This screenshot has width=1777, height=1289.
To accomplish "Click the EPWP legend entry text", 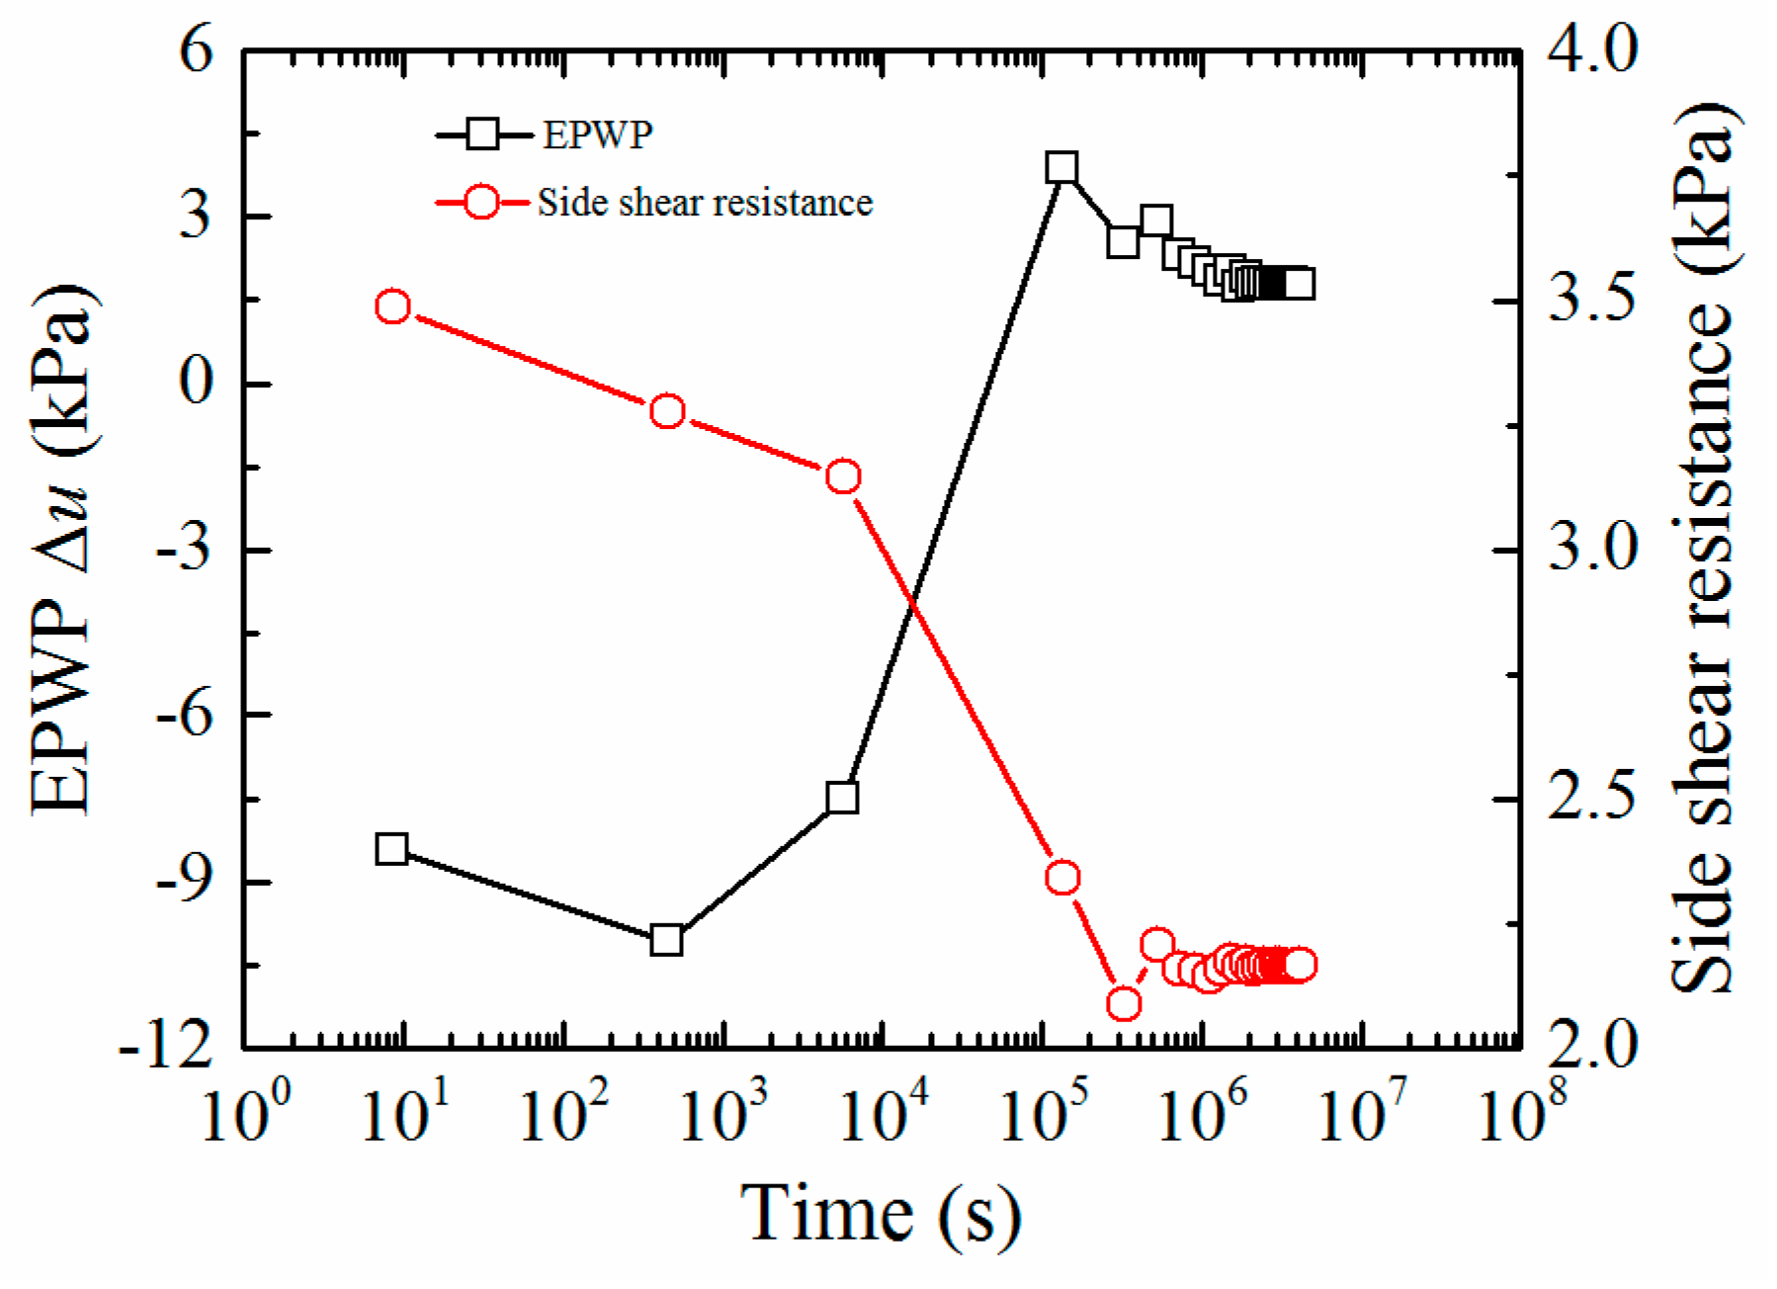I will click(x=597, y=134).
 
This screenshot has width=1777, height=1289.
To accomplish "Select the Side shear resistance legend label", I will click(x=705, y=203).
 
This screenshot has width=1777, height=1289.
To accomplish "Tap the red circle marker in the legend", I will click(x=481, y=203).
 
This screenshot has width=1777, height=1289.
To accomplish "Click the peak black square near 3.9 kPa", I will click(x=1061, y=167).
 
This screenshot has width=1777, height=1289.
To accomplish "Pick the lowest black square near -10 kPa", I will click(x=667, y=940).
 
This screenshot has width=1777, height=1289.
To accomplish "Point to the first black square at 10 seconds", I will click(x=392, y=848).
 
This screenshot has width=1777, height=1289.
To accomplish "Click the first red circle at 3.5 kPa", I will click(x=393, y=306).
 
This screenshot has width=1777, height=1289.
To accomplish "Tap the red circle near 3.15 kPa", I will click(x=843, y=476).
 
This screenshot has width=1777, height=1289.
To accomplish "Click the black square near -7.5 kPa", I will click(x=842, y=797).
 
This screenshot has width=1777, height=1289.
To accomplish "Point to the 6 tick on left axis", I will click(x=196, y=49).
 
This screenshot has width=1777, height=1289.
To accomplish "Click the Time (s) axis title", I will click(x=880, y=1214).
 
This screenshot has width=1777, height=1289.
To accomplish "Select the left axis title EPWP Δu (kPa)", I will click(x=61, y=549).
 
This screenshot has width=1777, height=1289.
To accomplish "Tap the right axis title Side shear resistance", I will click(x=1702, y=549).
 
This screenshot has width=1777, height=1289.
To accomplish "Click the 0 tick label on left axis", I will click(x=198, y=383).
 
